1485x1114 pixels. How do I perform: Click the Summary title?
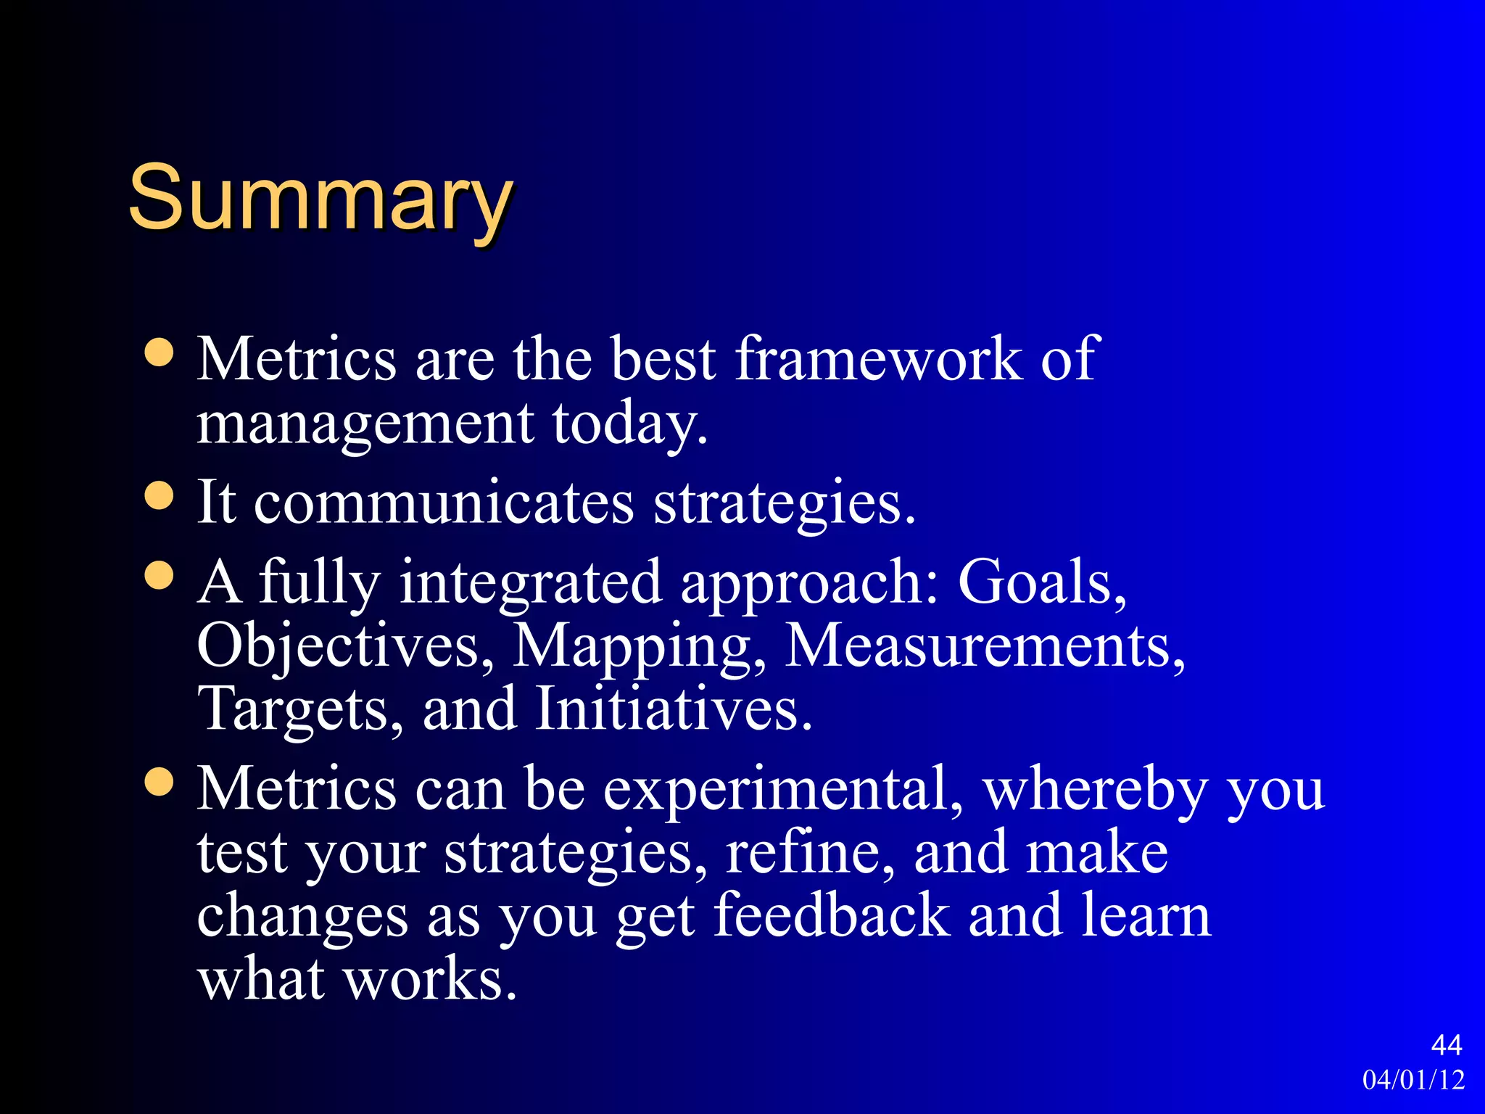320,198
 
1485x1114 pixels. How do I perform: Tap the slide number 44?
1446,1045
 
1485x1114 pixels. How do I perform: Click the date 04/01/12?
1413,1080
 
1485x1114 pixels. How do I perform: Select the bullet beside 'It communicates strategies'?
159,497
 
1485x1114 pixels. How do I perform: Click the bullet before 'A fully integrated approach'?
159,576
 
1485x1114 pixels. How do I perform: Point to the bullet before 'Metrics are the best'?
159,353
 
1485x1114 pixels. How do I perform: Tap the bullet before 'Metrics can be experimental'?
159,783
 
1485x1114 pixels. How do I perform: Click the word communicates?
444,503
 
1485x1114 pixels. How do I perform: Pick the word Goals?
1041,582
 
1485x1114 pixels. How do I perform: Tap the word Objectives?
345,645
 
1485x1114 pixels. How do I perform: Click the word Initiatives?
673,709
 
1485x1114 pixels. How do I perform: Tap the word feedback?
832,915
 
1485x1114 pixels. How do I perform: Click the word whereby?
1095,788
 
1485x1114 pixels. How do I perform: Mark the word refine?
809,852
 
